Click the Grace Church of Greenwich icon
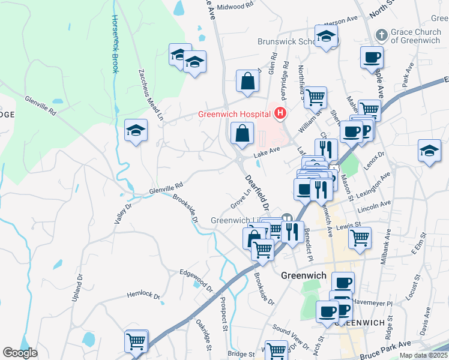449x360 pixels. [x=380, y=35]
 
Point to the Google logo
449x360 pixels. [x=20, y=353]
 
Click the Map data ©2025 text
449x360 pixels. [x=424, y=355]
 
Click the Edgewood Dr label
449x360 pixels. [x=196, y=279]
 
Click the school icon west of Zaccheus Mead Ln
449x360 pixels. [x=136, y=130]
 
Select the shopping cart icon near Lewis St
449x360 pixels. [x=360, y=237]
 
